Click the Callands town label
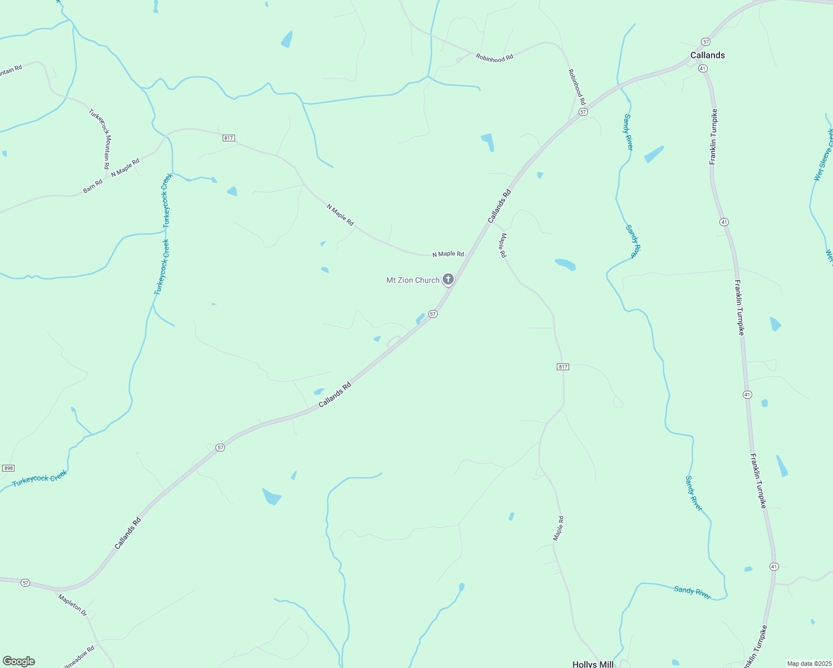(x=707, y=55)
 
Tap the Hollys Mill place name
(x=592, y=664)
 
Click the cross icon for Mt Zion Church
(x=448, y=279)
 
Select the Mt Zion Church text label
(x=413, y=280)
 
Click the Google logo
(x=19, y=661)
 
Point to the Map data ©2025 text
(x=808, y=664)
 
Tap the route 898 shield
(x=8, y=468)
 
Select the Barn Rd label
(x=92, y=186)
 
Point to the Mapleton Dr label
(x=73, y=605)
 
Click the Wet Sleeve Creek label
(x=824, y=155)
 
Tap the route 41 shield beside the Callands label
(x=703, y=68)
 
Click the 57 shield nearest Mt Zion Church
(x=433, y=314)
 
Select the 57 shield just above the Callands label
(x=705, y=42)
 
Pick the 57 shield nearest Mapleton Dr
(x=25, y=582)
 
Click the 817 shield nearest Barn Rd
(x=228, y=138)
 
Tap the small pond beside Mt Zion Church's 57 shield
(x=420, y=318)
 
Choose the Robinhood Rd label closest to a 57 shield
(x=577, y=87)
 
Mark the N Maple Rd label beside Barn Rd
(x=125, y=168)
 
